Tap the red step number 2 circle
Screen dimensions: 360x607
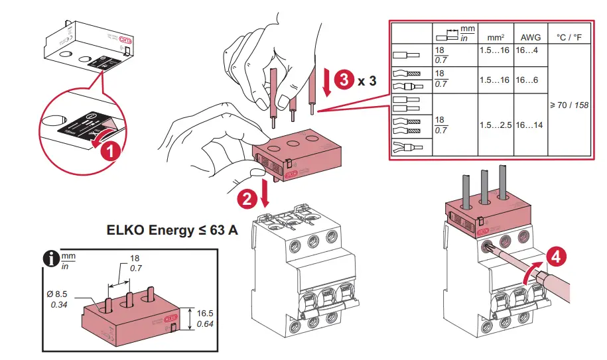tap(247, 197)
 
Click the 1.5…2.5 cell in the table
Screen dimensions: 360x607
tap(494, 125)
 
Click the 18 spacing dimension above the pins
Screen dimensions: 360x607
tap(135, 259)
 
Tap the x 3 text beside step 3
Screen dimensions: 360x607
tap(367, 81)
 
